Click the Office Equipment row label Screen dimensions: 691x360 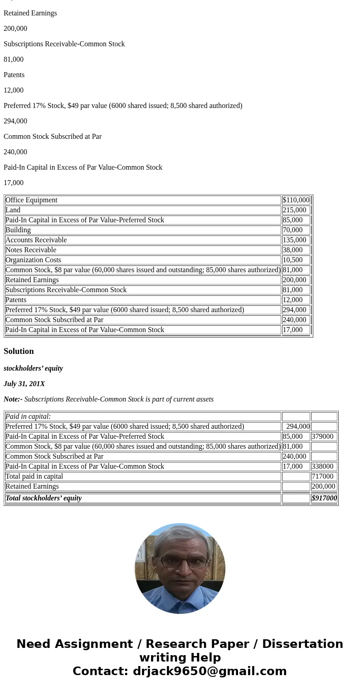[31, 200]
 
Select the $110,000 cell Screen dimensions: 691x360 [296, 200]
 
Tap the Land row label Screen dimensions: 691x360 [13, 210]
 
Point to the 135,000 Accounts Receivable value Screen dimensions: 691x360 [294, 240]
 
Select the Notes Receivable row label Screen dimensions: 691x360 [31, 250]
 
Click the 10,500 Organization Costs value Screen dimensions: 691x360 [292, 260]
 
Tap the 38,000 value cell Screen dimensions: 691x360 [292, 250]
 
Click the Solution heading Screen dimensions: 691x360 [19, 351]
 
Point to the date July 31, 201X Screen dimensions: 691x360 [24, 384]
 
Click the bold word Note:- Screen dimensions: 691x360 [13, 399]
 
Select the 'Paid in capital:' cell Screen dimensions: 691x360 [28, 417]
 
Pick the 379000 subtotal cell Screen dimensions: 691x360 [322, 436]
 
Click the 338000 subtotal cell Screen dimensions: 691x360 [322, 466]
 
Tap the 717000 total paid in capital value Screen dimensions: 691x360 [322, 476]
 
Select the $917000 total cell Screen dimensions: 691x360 [324, 498]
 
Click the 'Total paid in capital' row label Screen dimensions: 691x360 [34, 476]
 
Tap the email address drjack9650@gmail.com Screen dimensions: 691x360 [209, 671]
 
